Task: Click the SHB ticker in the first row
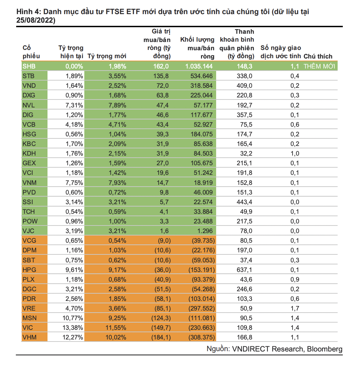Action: coord(29,66)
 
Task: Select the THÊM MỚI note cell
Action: coord(319,66)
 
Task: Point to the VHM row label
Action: coord(30,337)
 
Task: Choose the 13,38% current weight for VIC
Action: coord(72,328)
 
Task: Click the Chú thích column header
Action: coord(318,56)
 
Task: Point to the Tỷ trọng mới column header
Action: coord(107,56)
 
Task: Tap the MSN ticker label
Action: coord(30,318)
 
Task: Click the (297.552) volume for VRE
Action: coord(201,308)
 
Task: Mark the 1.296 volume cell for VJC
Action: coord(205,231)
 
